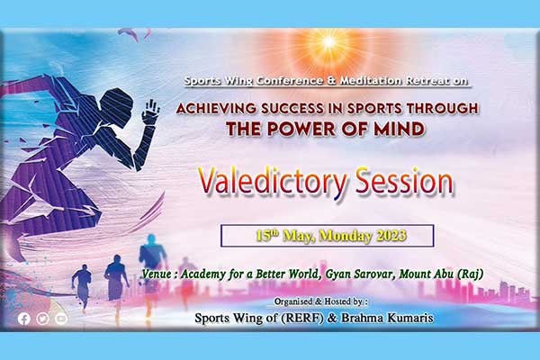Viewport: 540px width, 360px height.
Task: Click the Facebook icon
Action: pyautogui.click(x=24, y=319)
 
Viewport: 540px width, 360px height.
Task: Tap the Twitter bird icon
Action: pyautogui.click(x=42, y=319)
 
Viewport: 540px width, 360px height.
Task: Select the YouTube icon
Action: pyautogui.click(x=61, y=319)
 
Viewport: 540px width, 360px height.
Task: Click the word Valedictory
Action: pyautogui.click(x=273, y=183)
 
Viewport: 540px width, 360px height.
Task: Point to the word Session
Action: pyautogui.click(x=404, y=181)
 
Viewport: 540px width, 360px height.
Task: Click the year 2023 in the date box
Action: pyautogui.click(x=391, y=236)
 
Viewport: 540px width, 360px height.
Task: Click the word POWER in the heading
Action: pyautogui.click(x=301, y=130)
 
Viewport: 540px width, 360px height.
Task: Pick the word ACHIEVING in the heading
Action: pyautogui.click(x=216, y=109)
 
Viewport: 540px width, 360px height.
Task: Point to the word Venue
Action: pyautogui.click(x=157, y=274)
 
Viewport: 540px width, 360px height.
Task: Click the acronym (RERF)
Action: pyautogui.click(x=302, y=318)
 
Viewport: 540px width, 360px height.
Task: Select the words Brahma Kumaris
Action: pyautogui.click(x=387, y=318)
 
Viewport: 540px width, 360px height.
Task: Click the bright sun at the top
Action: pyautogui.click(x=328, y=42)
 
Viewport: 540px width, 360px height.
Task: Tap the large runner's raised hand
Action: pyautogui.click(x=151, y=112)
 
